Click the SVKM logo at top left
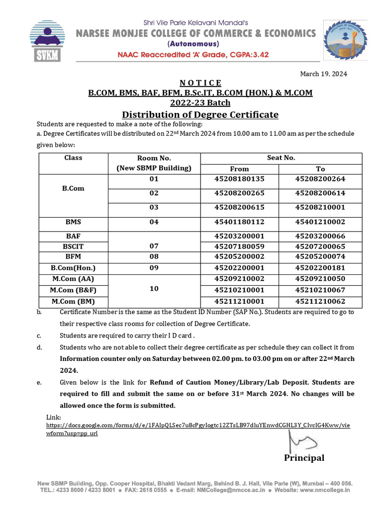click(47, 41)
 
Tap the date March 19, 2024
click(323, 74)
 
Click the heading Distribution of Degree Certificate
click(200, 115)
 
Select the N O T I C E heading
click(200, 83)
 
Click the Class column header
click(73, 158)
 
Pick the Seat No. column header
click(281, 158)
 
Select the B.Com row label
click(73, 189)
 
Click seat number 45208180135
click(239, 179)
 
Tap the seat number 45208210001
click(320, 207)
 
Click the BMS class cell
click(73, 222)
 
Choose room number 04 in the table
click(154, 222)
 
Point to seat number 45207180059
click(239, 246)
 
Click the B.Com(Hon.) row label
click(73, 267)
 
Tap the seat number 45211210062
click(320, 302)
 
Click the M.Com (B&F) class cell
click(73, 290)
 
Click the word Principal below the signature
click(304, 458)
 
